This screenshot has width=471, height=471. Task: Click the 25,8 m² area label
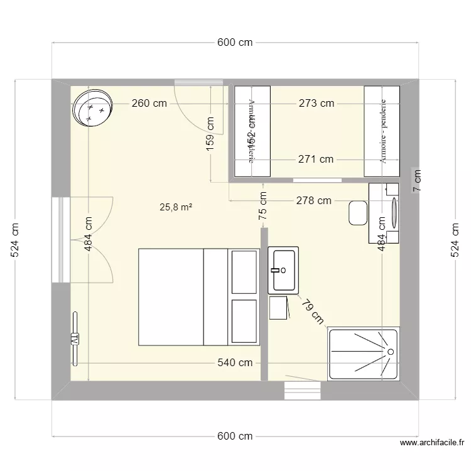click(x=176, y=206)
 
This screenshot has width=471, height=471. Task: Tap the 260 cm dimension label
click(x=149, y=104)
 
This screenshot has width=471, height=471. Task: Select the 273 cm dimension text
click(x=316, y=104)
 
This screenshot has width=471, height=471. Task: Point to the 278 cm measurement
click(x=314, y=201)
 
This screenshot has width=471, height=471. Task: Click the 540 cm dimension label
click(x=235, y=362)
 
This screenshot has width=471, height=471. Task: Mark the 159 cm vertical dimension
click(x=210, y=133)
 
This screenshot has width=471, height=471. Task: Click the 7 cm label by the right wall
click(x=416, y=181)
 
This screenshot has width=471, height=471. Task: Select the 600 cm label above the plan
click(x=235, y=43)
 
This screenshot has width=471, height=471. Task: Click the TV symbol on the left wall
click(x=75, y=338)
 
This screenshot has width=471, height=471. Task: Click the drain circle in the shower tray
click(x=391, y=352)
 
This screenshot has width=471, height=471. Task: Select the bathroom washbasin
click(x=283, y=270)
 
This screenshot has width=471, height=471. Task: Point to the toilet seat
click(x=359, y=212)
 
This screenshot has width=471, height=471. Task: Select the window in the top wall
click(x=198, y=82)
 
